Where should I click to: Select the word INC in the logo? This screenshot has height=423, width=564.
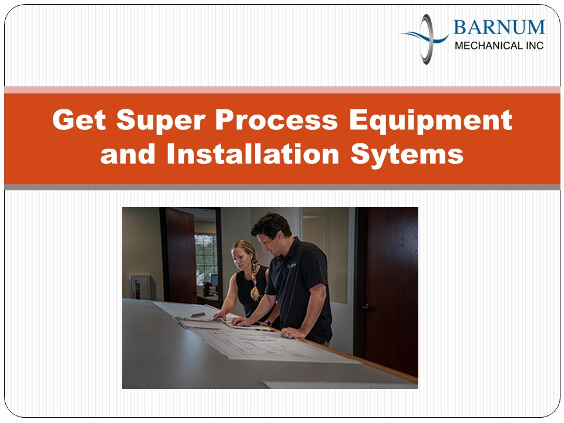(x=534, y=45)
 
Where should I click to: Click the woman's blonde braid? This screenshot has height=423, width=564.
(x=254, y=282)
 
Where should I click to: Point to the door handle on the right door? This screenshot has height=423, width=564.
(x=367, y=307)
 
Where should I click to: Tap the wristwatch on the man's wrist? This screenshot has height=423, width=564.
(x=268, y=322)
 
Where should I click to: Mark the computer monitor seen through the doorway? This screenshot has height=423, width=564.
(x=213, y=281)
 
